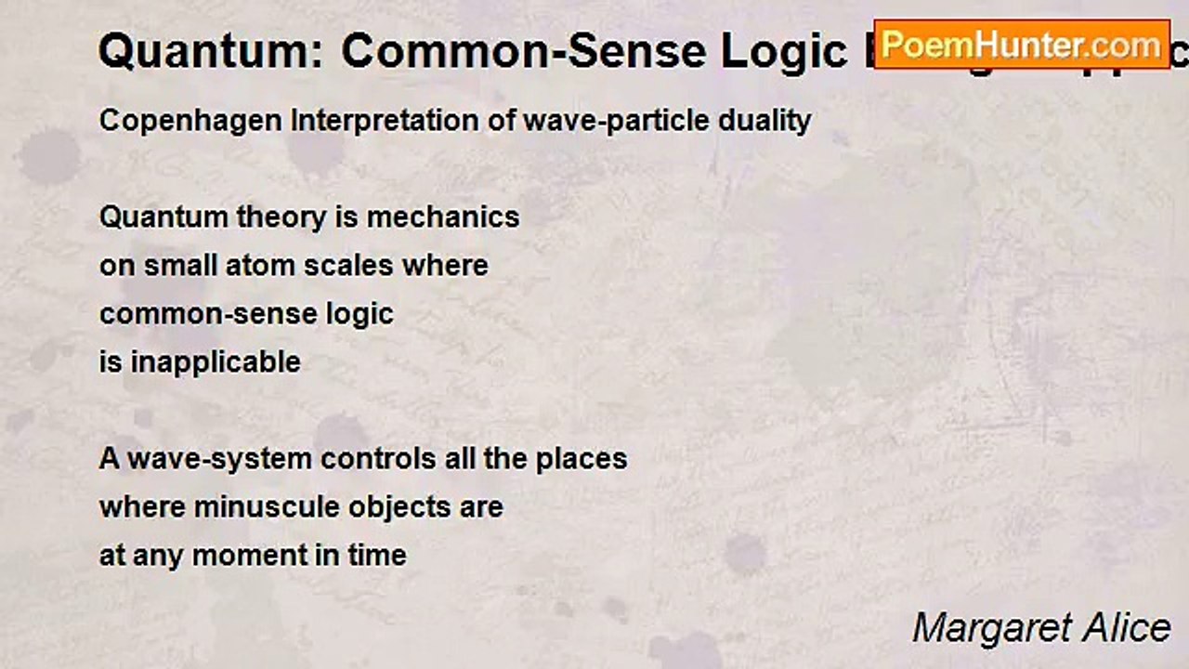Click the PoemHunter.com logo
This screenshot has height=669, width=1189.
tap(1022, 44)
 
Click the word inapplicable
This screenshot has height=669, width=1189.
tap(216, 361)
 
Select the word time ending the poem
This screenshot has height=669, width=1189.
tap(377, 555)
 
